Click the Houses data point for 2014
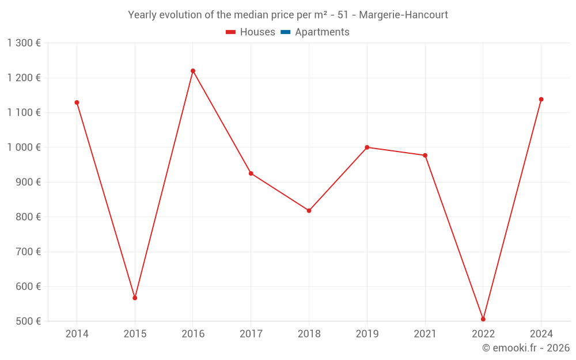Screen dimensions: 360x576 [x=77, y=103]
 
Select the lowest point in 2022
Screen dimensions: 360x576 [x=483, y=319]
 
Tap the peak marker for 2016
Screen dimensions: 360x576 [x=193, y=71]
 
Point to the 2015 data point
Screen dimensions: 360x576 [x=135, y=298]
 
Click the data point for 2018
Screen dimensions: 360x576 [x=309, y=211]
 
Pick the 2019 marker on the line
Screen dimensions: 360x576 [x=367, y=147]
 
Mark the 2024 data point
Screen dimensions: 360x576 [x=541, y=100]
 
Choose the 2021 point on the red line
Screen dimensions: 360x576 [x=425, y=156]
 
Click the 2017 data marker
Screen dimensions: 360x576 [x=251, y=173]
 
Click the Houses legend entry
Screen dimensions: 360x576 [x=251, y=32]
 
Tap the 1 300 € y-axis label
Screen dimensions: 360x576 [x=24, y=43]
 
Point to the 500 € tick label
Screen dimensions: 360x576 [x=28, y=321]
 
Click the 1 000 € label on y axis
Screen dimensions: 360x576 [x=24, y=147]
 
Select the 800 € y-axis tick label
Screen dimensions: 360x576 [x=28, y=217]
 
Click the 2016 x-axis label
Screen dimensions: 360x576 [x=193, y=334]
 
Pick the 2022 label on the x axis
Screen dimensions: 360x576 [x=483, y=334]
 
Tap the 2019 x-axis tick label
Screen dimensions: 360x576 [x=367, y=334]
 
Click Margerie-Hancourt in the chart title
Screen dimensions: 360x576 [x=403, y=15]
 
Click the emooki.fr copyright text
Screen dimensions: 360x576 [x=526, y=348]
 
